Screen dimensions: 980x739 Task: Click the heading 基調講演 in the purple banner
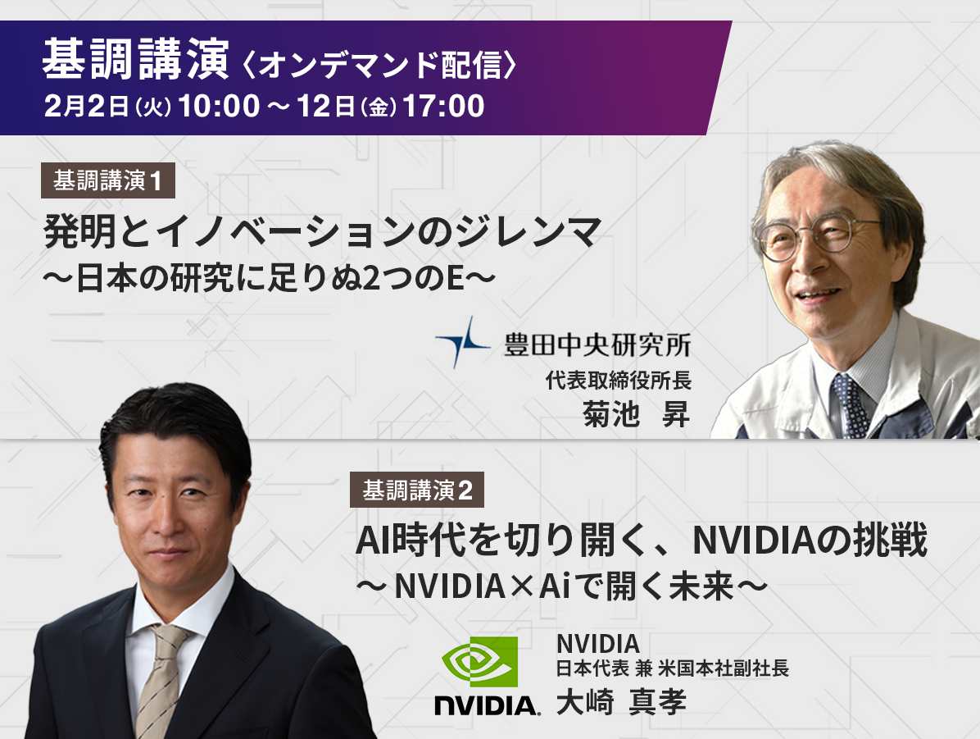[136, 60]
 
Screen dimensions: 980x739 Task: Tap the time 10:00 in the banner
[219, 106]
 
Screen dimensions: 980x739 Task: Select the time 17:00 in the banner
[444, 106]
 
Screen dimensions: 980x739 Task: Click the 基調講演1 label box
[107, 180]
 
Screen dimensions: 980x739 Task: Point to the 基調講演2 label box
[417, 490]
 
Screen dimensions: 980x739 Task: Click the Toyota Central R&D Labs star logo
[462, 342]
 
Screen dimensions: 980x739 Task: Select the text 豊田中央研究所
[597, 344]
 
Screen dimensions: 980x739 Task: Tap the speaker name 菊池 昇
[636, 413]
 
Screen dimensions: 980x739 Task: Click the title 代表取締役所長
[618, 380]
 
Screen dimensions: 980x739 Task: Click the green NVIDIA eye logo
[480, 661]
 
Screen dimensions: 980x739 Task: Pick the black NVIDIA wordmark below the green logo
[488, 705]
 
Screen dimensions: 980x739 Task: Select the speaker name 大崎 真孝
[621, 701]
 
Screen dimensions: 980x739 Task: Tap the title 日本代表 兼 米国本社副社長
[673, 668]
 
